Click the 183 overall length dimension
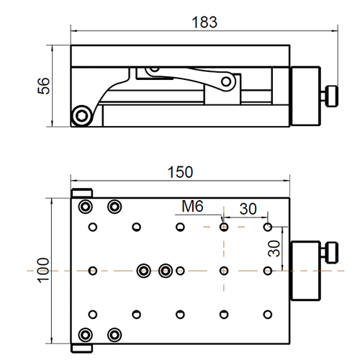tap(204, 22)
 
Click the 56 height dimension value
tap(44, 86)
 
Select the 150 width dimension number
tap(180, 172)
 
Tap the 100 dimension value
tap(43, 271)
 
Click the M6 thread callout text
tap(192, 206)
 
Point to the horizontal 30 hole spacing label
tap(248, 209)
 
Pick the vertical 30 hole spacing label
tap(274, 248)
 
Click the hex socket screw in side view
tap(82, 116)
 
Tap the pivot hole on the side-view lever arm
tap(226, 82)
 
